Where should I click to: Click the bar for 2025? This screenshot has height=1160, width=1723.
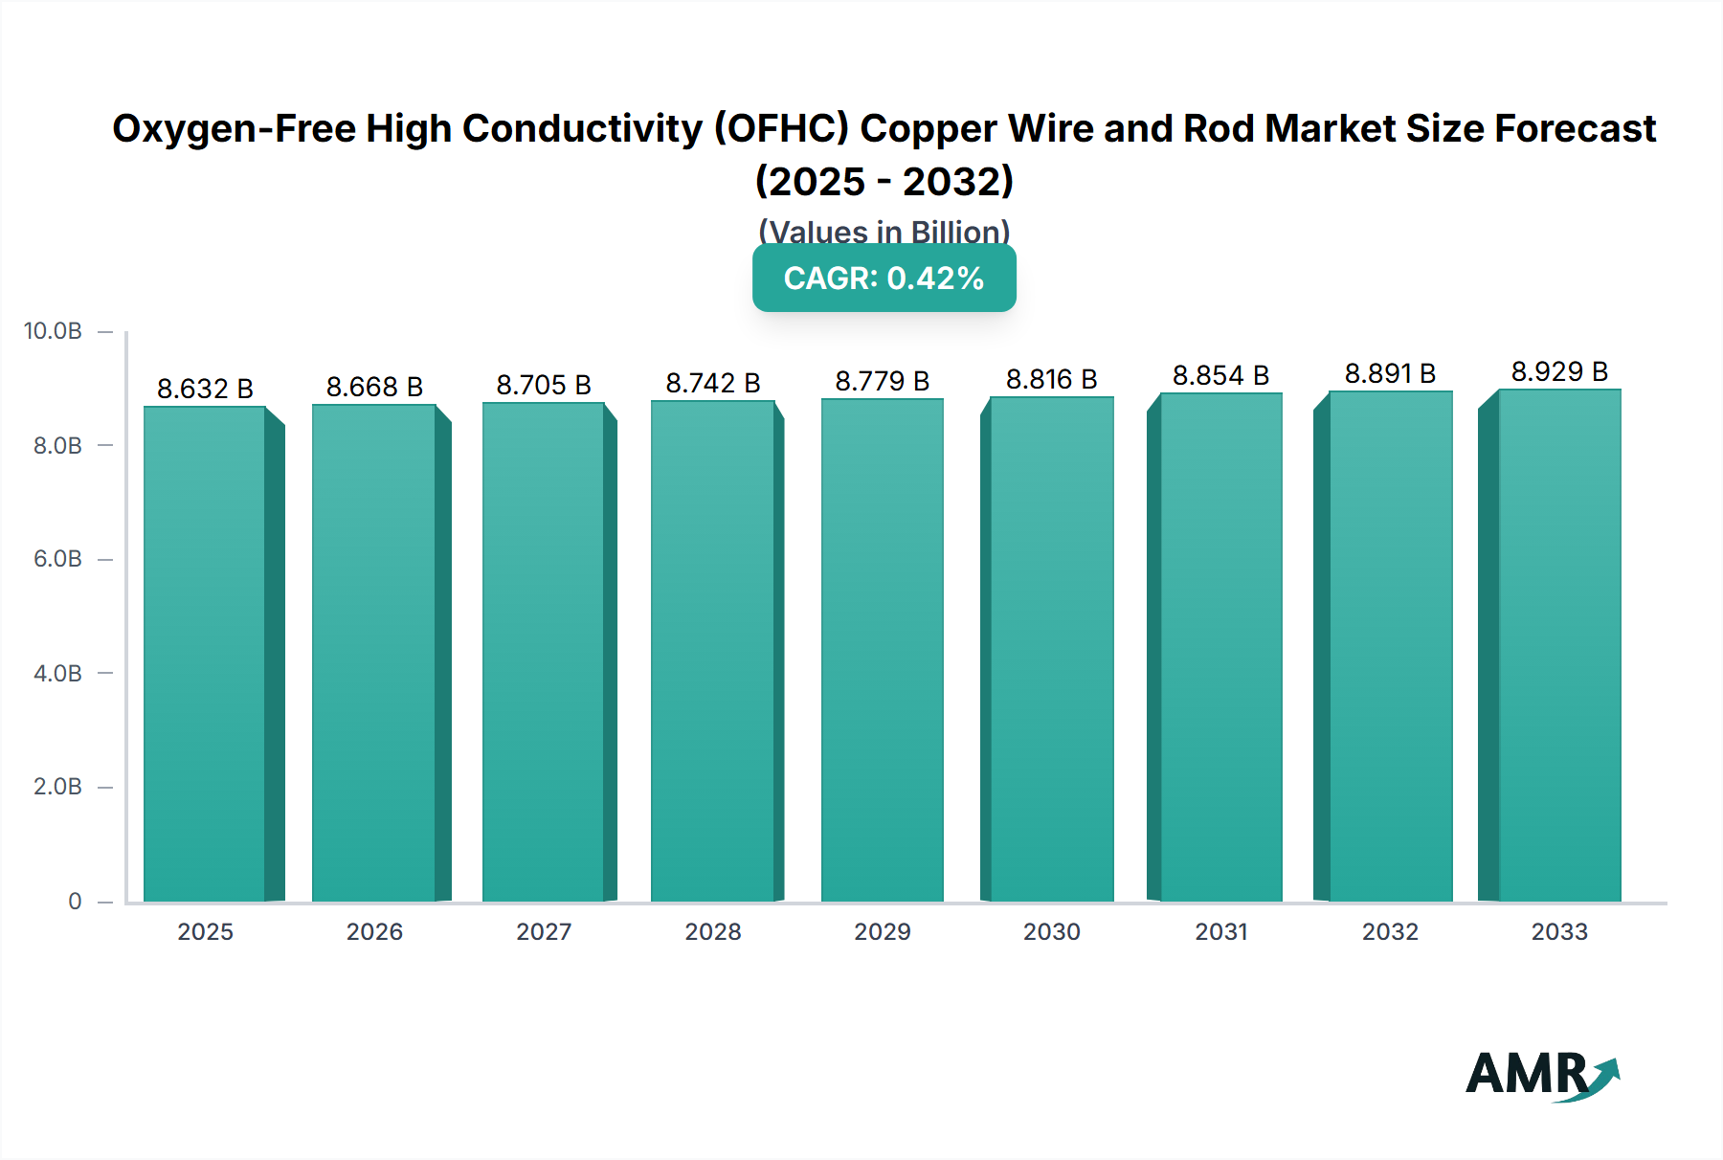pyautogui.click(x=205, y=654)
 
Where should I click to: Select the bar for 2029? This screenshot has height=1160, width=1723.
pyautogui.click(x=882, y=650)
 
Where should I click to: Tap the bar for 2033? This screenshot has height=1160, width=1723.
pyautogui.click(x=1558, y=645)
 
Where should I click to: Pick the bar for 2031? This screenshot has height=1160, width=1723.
pyautogui.click(x=1220, y=647)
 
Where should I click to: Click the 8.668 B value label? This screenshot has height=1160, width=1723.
pyautogui.click(x=374, y=387)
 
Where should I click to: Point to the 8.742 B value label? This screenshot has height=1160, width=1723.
pyautogui.click(x=713, y=383)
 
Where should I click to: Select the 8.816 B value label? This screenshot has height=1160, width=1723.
pyautogui.click(x=1051, y=379)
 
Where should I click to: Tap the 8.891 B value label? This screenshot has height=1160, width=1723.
pyautogui.click(x=1390, y=373)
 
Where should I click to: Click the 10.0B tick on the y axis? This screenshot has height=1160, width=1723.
pyautogui.click(x=54, y=331)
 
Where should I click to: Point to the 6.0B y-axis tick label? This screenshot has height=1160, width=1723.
pyautogui.click(x=57, y=559)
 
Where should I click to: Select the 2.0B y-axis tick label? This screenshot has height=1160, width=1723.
pyautogui.click(x=57, y=787)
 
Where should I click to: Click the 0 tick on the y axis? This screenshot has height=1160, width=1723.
pyautogui.click(x=75, y=901)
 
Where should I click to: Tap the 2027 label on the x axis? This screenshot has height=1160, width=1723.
pyautogui.click(x=544, y=931)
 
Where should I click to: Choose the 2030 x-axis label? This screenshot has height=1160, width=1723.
pyautogui.click(x=1051, y=931)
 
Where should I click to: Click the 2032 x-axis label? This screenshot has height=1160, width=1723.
pyautogui.click(x=1390, y=931)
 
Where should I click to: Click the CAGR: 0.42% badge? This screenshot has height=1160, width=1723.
pyautogui.click(x=884, y=279)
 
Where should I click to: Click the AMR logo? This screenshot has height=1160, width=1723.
pyautogui.click(x=1541, y=1076)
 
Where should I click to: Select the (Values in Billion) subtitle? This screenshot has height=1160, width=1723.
pyautogui.click(x=884, y=231)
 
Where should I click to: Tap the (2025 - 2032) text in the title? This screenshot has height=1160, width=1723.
pyautogui.click(x=884, y=181)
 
